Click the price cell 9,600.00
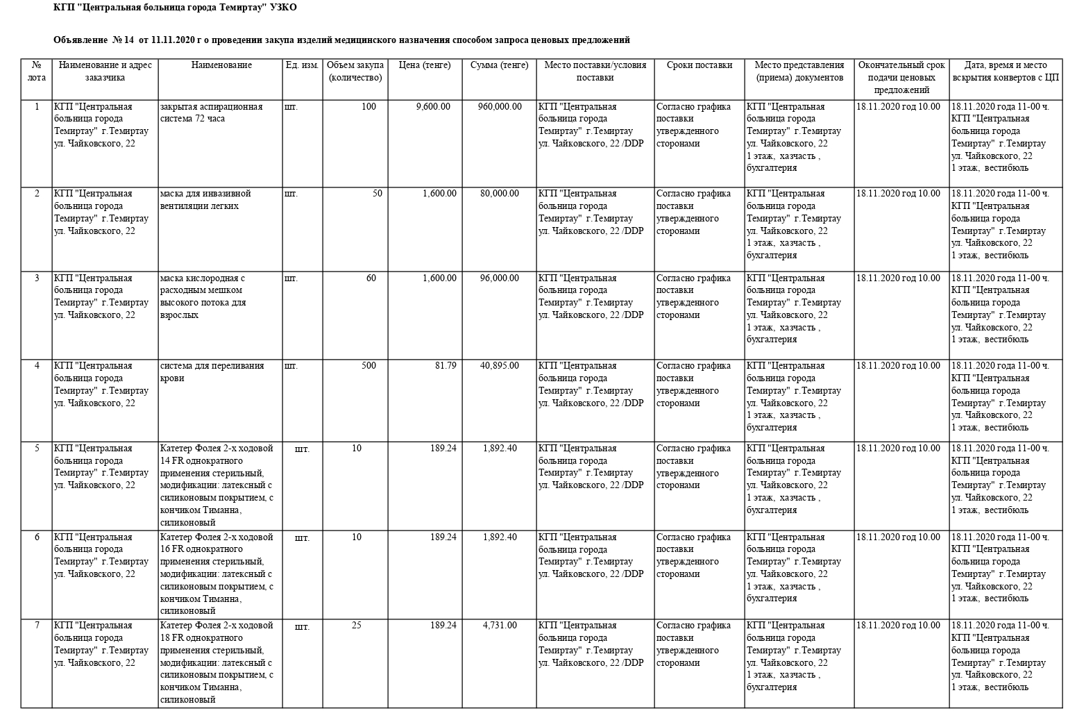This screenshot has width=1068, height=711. [433, 107]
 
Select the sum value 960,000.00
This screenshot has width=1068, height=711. [500, 107]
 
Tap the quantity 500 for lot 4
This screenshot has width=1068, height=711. [368, 366]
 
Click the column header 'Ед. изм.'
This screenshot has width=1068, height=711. [302, 65]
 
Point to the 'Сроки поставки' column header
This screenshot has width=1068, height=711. [699, 65]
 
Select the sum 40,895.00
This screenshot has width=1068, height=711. [499, 366]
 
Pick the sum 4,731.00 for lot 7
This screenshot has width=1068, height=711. [500, 626]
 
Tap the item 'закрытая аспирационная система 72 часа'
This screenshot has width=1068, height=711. [211, 112]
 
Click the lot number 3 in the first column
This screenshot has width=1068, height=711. [37, 278]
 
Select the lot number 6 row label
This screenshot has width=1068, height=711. [37, 537]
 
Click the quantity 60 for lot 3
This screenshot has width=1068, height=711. [371, 278]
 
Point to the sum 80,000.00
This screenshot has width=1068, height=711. [499, 194]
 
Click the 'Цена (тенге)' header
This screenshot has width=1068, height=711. [425, 65]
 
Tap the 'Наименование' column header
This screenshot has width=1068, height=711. [221, 65]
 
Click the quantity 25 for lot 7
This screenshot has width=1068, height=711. [356, 626]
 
